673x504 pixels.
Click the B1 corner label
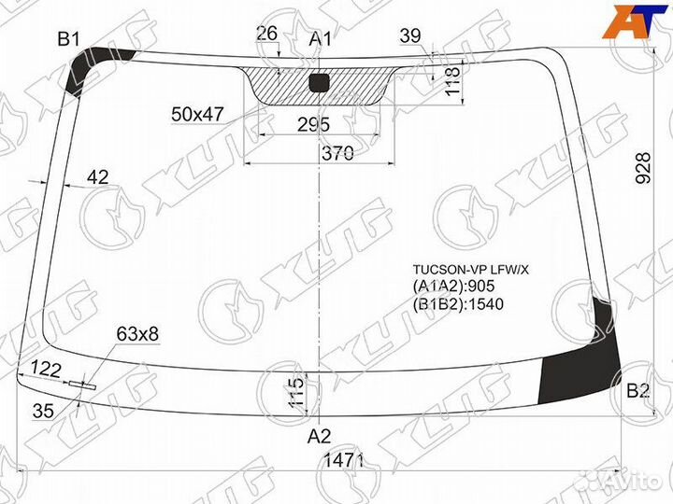69,39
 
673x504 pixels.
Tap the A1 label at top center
321,39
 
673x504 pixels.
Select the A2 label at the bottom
320,435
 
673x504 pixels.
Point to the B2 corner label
637,391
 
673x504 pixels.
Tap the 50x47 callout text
197,114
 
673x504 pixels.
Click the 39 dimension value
409,35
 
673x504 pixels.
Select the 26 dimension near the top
266,34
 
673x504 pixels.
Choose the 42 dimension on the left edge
97,177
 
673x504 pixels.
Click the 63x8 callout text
137,333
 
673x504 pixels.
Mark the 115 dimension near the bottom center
296,391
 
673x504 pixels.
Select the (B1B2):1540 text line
456,304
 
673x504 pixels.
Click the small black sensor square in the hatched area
319,82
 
